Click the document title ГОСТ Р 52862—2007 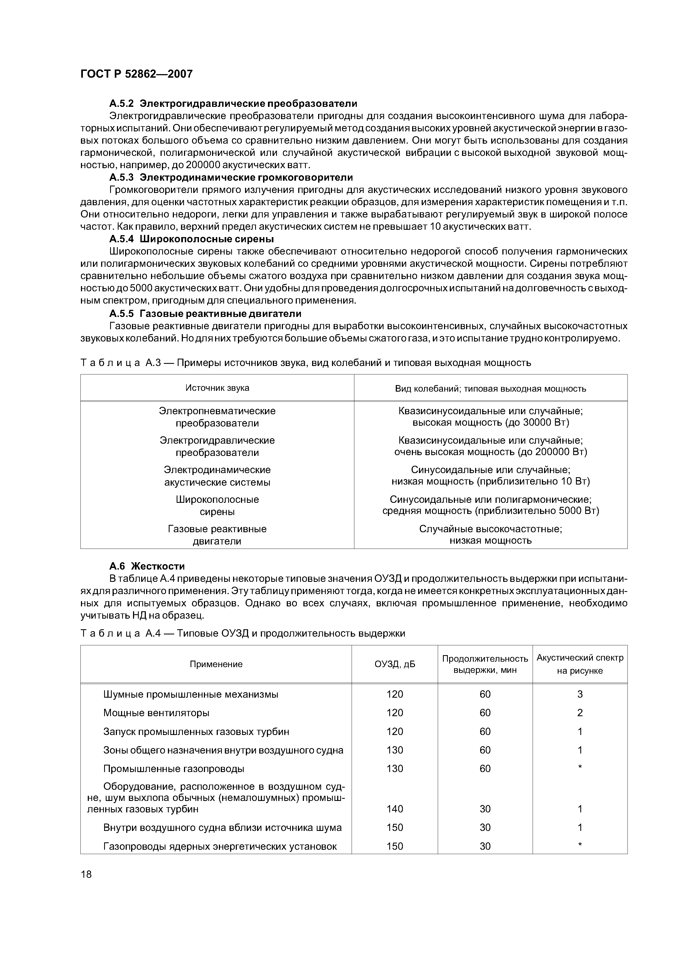pos(136,74)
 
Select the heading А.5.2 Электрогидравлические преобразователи pos(233,103)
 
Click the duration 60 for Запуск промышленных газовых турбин pos(485,731)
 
